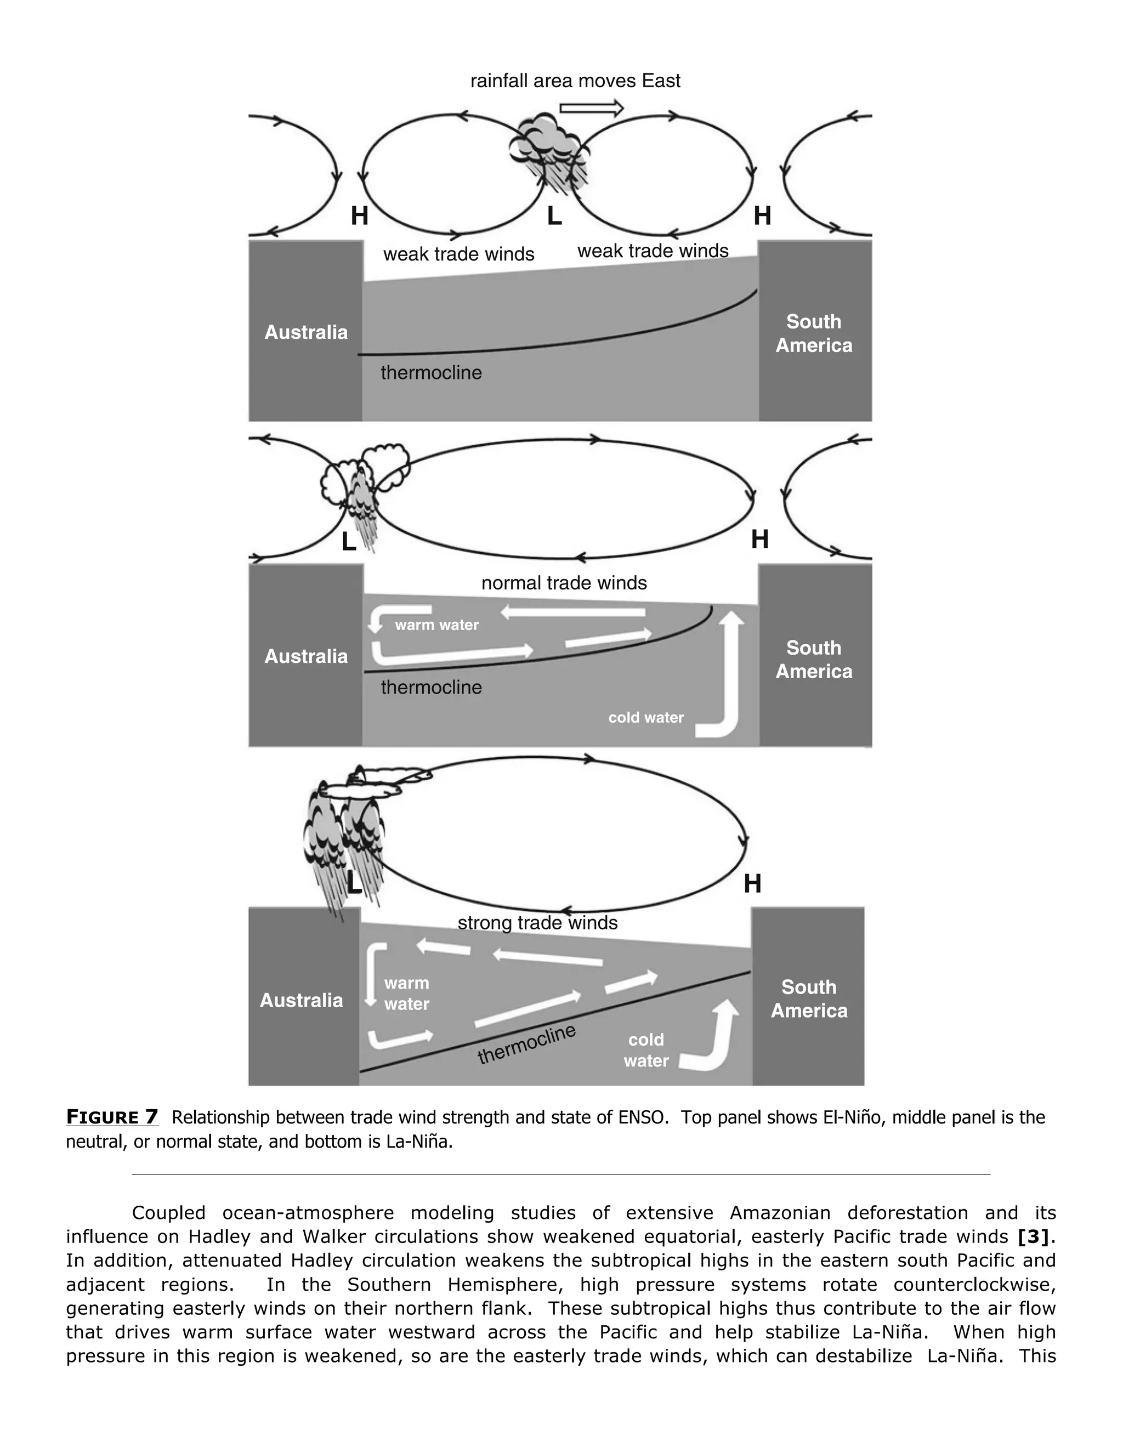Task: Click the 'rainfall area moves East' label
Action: click(575, 81)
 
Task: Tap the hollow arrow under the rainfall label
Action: click(591, 108)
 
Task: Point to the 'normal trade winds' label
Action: click(564, 583)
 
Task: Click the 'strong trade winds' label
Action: click(537, 923)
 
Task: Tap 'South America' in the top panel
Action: click(814, 333)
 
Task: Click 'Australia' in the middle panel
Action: click(306, 657)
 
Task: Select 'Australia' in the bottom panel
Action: click(302, 1001)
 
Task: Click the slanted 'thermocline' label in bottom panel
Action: click(526, 1044)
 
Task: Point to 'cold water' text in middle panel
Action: click(645, 718)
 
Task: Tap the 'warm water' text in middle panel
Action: click(436, 625)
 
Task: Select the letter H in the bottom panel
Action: click(752, 884)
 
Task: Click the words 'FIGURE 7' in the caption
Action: click(112, 1117)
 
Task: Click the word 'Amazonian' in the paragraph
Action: click(780, 1213)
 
